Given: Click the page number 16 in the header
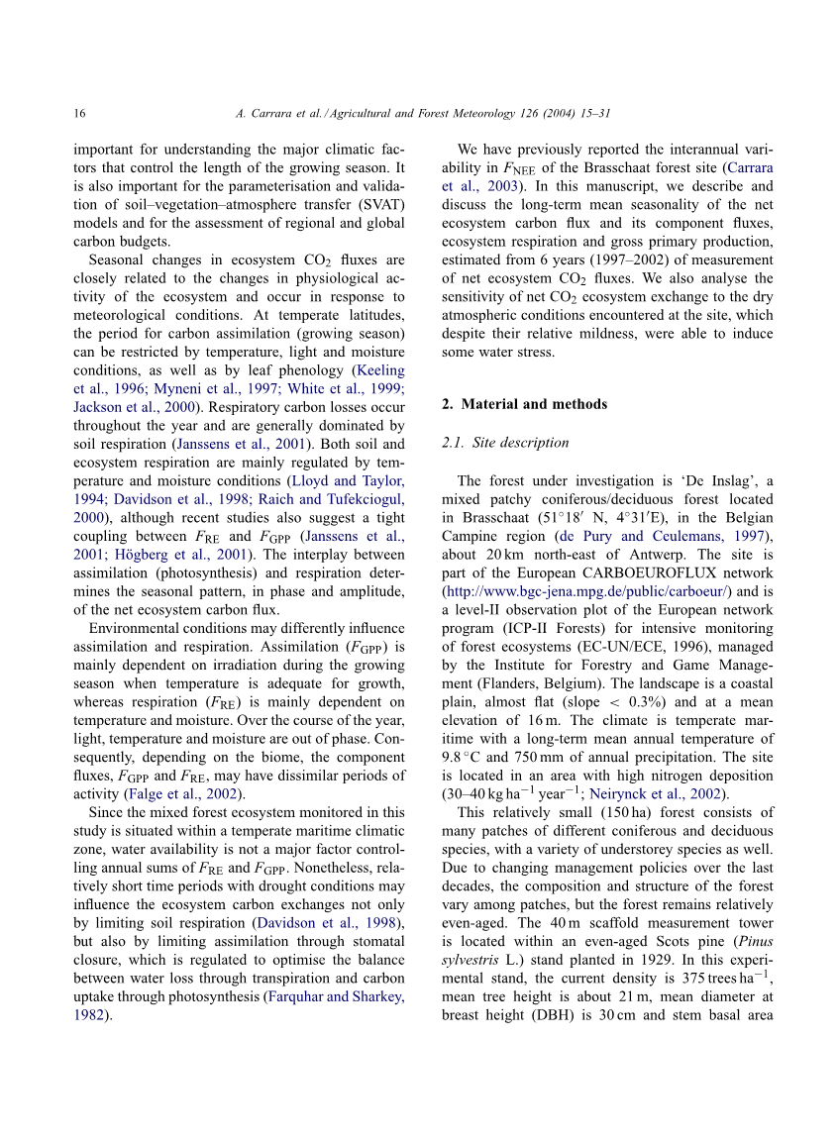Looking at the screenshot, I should coord(79,115).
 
